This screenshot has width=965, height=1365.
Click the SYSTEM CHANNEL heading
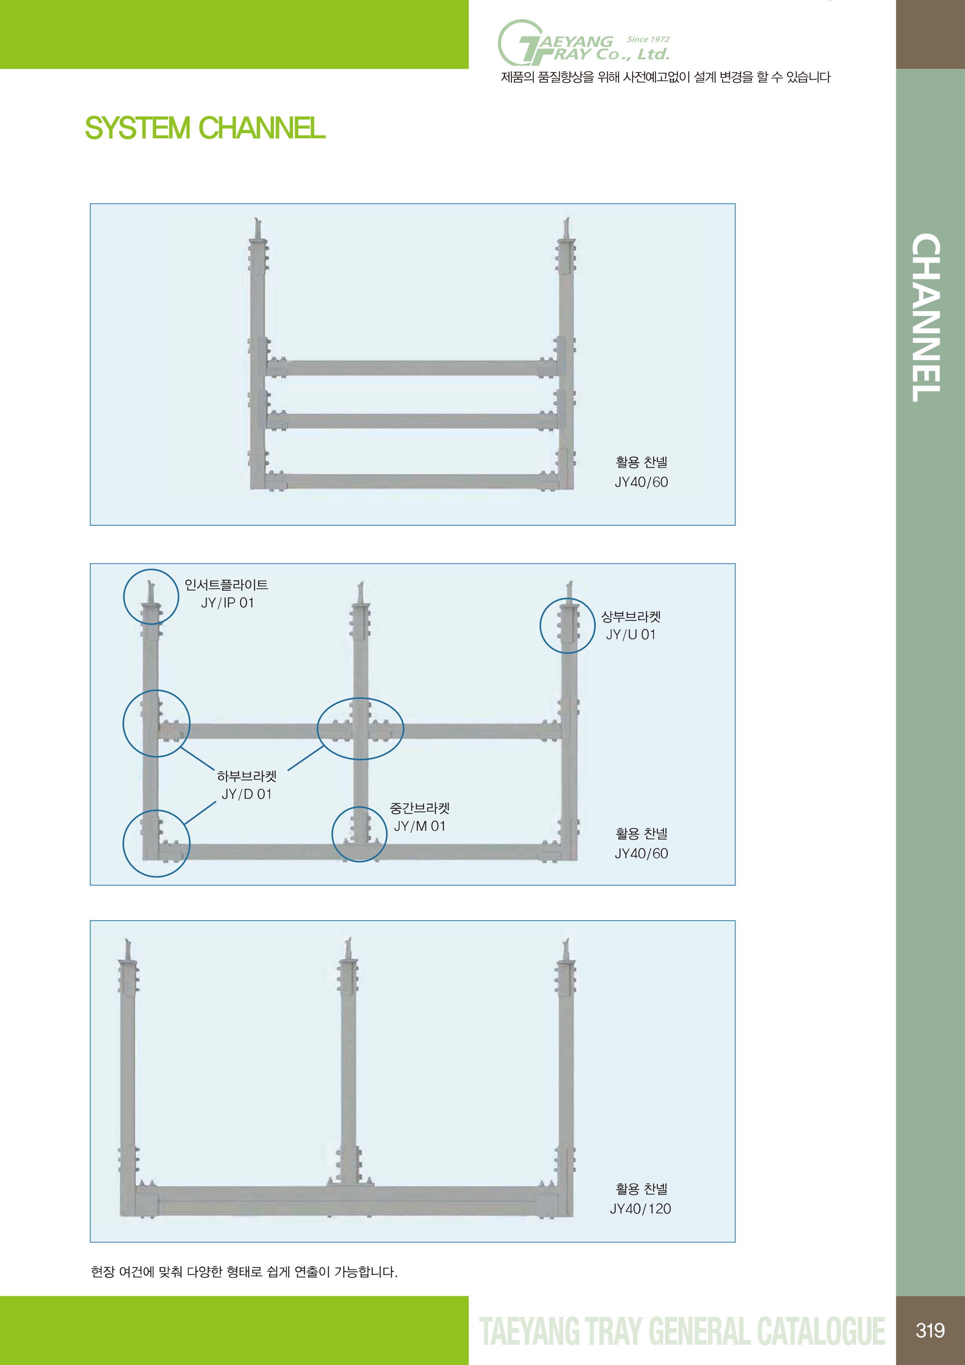[x=205, y=128]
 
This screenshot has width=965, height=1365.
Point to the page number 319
[x=930, y=1330]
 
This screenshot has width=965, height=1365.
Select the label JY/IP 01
[x=227, y=603]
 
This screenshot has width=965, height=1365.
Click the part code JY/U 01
[x=631, y=635]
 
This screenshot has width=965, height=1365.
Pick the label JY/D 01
[x=247, y=794]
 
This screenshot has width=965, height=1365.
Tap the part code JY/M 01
[x=420, y=826]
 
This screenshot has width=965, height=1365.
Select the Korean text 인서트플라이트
[x=226, y=585]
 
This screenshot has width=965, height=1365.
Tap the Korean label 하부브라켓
[x=247, y=776]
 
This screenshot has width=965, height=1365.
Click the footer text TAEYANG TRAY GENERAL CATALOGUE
[x=683, y=1331]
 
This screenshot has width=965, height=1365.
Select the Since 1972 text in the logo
[x=648, y=39]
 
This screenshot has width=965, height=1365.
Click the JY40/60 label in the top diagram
[x=642, y=482]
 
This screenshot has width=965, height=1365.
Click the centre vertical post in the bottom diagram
[x=348, y=1070]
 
